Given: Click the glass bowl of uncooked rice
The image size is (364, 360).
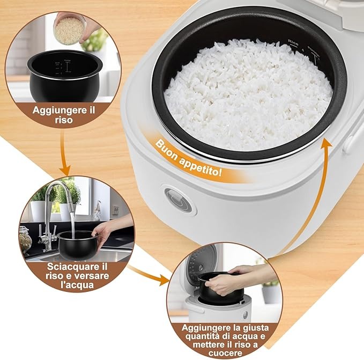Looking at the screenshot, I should (70, 30).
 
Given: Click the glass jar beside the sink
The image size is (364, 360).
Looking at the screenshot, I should (25, 239).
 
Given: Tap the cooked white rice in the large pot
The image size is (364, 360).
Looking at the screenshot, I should (247, 91).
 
